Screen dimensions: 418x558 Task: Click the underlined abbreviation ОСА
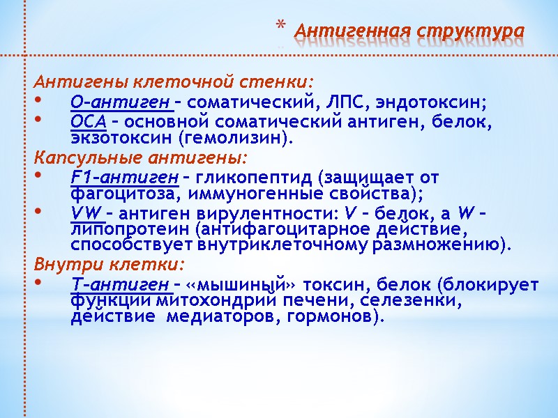pos(88,122)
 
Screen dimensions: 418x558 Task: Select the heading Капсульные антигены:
pos(141,157)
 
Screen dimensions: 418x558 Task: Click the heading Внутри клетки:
pos(111,264)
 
